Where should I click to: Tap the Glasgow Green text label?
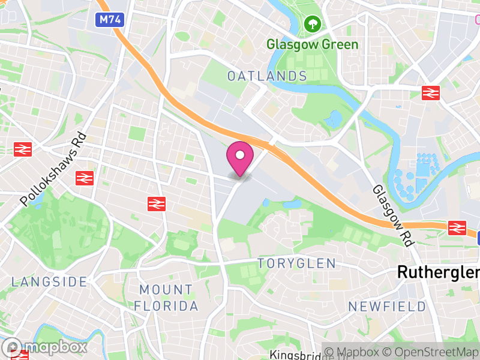pyautogui.click(x=312, y=44)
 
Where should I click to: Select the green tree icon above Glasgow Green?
pyautogui.click(x=312, y=25)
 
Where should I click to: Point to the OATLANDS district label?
pyautogui.click(x=267, y=76)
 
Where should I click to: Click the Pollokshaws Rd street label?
pyautogui.click(x=54, y=170)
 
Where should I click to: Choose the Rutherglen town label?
pyautogui.click(x=438, y=272)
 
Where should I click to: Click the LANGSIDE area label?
pyautogui.click(x=49, y=281)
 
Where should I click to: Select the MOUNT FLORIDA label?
pyautogui.click(x=166, y=298)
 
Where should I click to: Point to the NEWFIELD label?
pyautogui.click(x=388, y=307)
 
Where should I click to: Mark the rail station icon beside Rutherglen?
pyautogui.click(x=457, y=227)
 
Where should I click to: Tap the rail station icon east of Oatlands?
pyautogui.click(x=430, y=92)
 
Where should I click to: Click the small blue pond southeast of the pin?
pyautogui.click(x=292, y=204)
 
